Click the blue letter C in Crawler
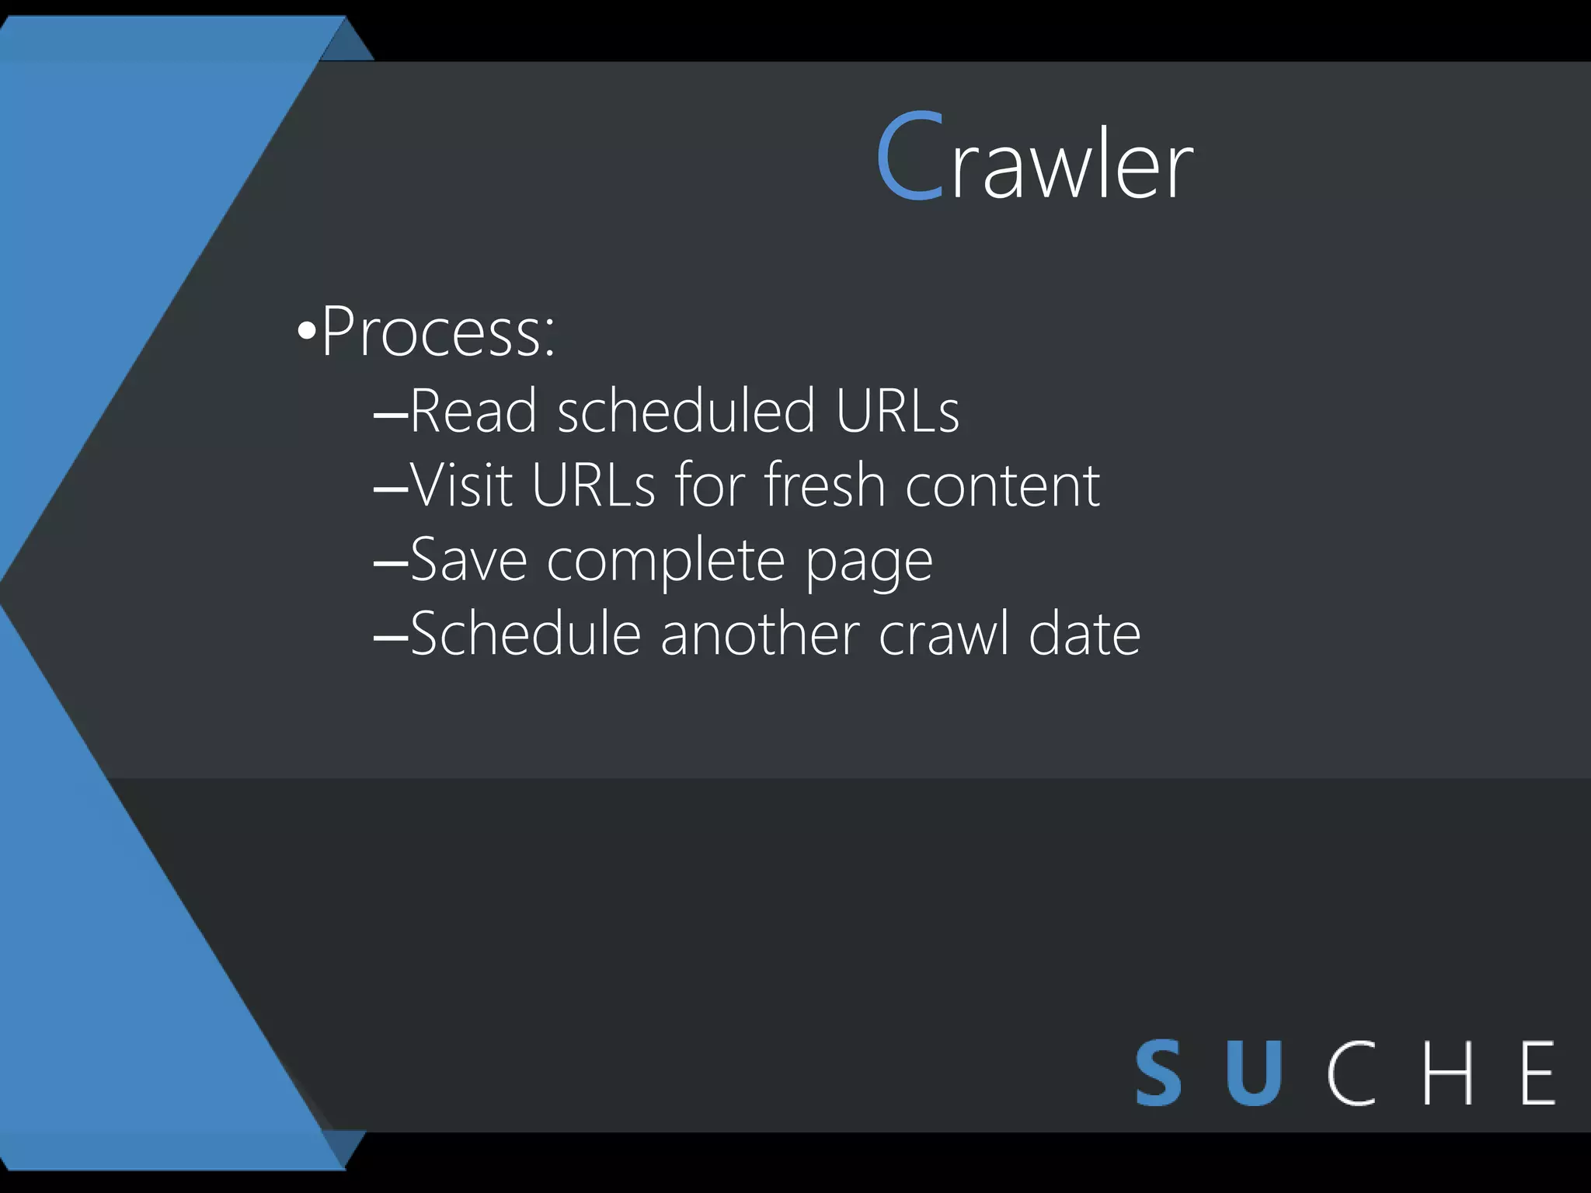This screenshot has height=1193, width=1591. pyautogui.click(x=910, y=157)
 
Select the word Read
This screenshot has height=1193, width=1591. pyautogui.click(x=472, y=410)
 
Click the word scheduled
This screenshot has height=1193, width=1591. pyautogui.click(x=686, y=410)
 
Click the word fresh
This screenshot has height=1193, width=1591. pyautogui.click(x=823, y=485)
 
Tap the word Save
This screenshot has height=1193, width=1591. pyautogui.click(x=468, y=559)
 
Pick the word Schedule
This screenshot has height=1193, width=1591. pyautogui.click(x=525, y=634)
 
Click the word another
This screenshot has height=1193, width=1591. pyautogui.click(x=759, y=634)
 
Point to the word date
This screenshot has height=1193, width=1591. pyautogui.click(x=1084, y=634)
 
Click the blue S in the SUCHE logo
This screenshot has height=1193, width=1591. pyautogui.click(x=1158, y=1073)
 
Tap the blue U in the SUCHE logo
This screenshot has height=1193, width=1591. pyautogui.click(x=1254, y=1073)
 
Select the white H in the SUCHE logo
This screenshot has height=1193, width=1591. pyautogui.click(x=1447, y=1073)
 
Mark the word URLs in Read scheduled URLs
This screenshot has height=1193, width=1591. pyautogui.click(x=897, y=410)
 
